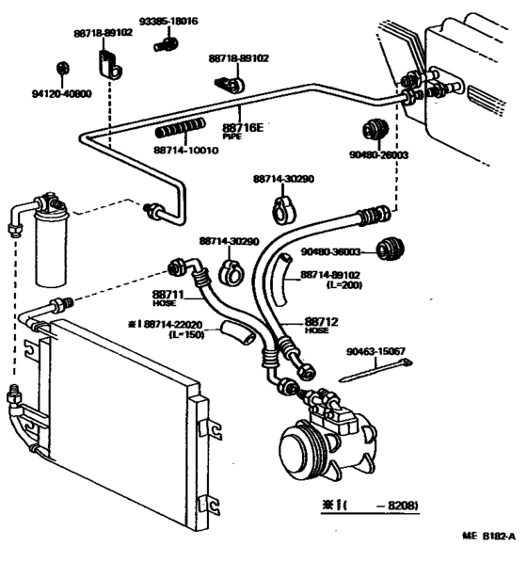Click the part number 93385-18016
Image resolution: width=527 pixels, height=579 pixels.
[x=169, y=21]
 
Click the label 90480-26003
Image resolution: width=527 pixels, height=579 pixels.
[x=383, y=154]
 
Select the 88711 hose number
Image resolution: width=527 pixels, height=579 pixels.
[x=166, y=296]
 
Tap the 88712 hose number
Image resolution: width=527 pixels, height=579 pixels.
[x=317, y=321]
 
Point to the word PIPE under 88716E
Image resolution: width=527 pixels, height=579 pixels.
[x=232, y=137]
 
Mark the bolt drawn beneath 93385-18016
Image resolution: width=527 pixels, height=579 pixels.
[x=168, y=41]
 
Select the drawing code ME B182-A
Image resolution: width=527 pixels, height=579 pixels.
[x=488, y=537]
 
